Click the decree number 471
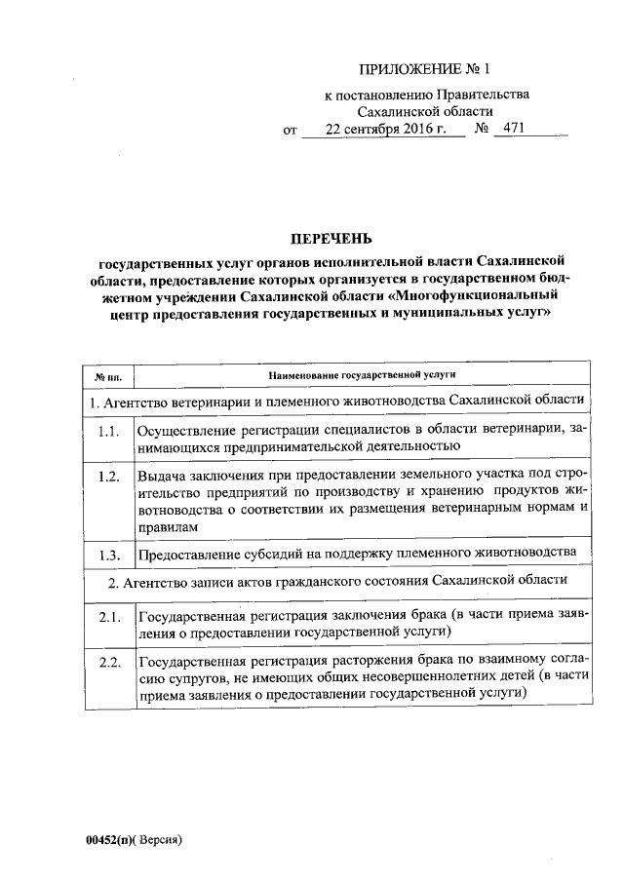(506, 129)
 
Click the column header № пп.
(106, 375)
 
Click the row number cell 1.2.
(108, 476)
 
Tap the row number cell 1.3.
(108, 555)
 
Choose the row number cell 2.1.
(108, 617)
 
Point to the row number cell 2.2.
(108, 664)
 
